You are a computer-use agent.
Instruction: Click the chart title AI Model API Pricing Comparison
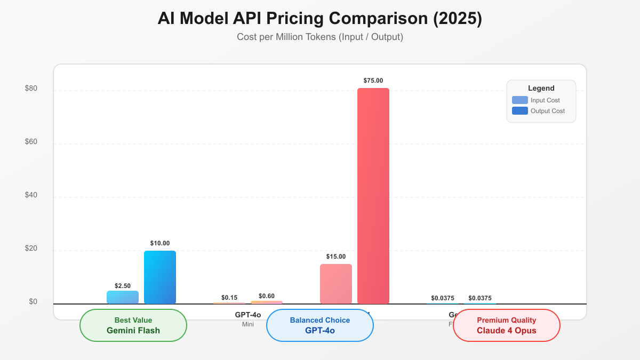[x=319, y=18]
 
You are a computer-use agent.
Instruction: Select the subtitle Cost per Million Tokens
[x=319, y=37]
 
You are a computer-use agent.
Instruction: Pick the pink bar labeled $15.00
[x=336, y=284]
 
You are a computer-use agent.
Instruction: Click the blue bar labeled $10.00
[x=160, y=277]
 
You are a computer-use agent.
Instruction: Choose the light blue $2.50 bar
[x=123, y=297]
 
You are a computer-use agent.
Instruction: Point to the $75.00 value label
[x=373, y=81]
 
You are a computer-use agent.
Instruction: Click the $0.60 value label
[x=267, y=296]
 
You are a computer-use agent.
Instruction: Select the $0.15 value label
[x=229, y=298]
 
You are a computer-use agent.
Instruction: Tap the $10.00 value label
[x=160, y=243]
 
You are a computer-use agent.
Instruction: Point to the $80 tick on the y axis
[x=31, y=89]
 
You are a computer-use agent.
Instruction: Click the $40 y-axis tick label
[x=31, y=195]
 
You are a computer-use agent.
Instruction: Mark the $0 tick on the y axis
[x=33, y=302]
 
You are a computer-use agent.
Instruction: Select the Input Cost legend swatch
[x=519, y=100]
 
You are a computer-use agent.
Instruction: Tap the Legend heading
[x=541, y=89]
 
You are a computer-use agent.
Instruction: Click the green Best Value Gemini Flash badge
[x=133, y=325]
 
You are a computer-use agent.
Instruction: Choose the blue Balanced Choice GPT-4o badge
[x=320, y=325]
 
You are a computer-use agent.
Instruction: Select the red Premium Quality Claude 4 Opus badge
[x=507, y=325]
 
